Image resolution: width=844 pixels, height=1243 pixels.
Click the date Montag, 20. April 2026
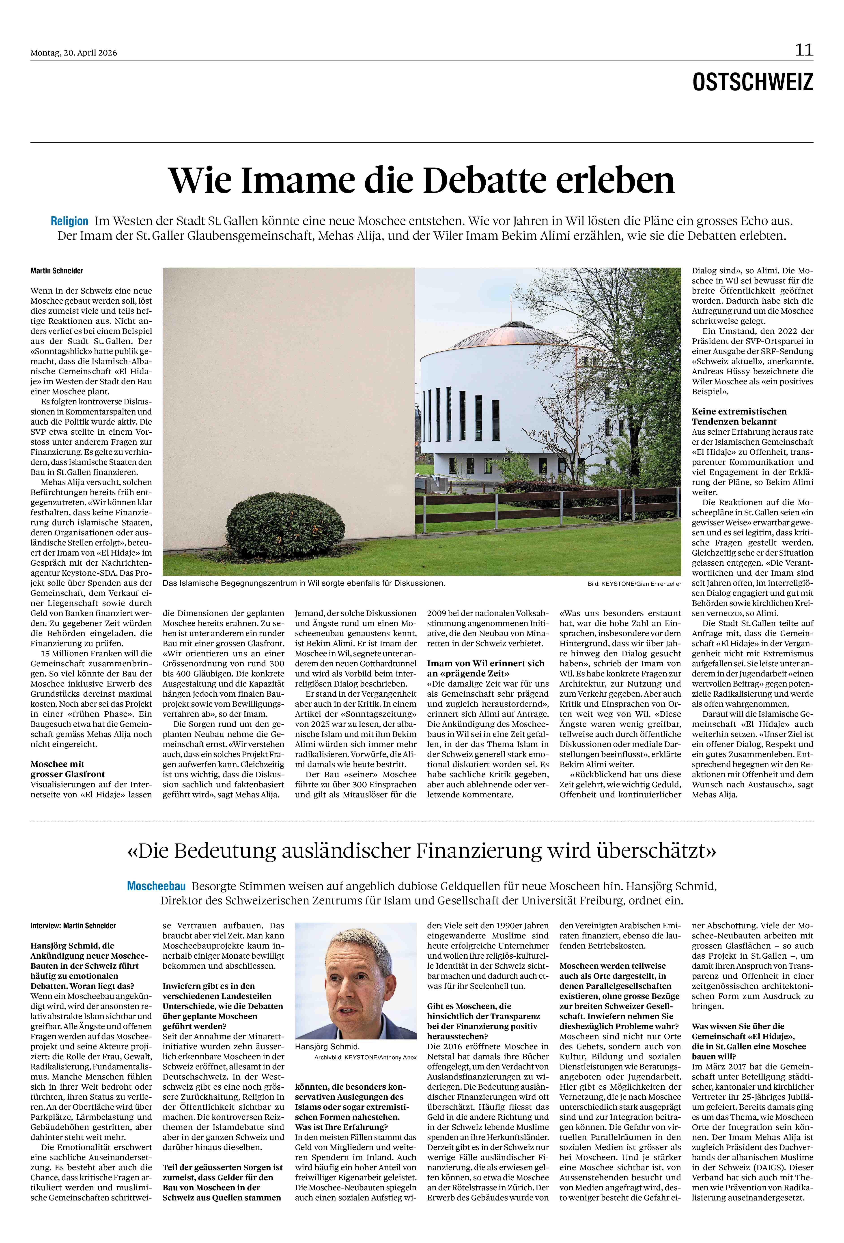coord(74,53)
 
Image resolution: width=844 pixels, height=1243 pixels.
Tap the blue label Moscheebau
coord(156,886)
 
